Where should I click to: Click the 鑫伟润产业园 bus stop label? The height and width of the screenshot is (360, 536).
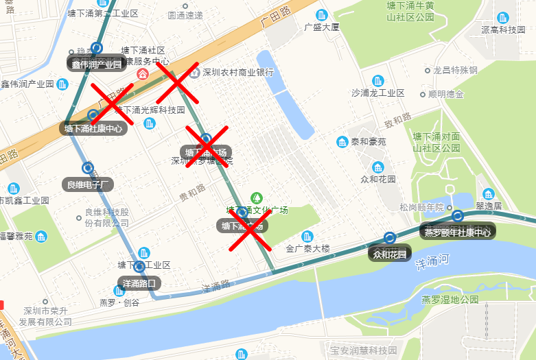[x=96, y=64]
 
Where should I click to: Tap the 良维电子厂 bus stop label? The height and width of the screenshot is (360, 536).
[x=88, y=184]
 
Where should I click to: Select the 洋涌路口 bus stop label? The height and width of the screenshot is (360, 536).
[x=139, y=283]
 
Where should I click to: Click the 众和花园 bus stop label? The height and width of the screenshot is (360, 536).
[x=390, y=254]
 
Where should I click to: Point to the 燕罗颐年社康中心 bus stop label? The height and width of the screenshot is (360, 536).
[x=457, y=232]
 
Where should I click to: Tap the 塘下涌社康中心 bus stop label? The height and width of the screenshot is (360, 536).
[x=93, y=128]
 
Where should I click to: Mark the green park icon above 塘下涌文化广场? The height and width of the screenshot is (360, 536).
[x=257, y=197]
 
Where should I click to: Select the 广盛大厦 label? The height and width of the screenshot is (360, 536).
[x=322, y=27]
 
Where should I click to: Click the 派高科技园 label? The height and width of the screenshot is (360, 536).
[x=503, y=29]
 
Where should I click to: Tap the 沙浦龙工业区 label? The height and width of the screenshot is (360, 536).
[x=377, y=93]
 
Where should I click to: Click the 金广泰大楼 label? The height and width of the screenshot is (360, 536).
[x=308, y=248]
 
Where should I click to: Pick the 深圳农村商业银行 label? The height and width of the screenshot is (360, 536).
[x=237, y=72]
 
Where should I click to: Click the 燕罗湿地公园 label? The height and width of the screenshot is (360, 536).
[x=450, y=300]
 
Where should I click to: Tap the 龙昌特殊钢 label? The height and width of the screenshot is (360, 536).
[x=454, y=70]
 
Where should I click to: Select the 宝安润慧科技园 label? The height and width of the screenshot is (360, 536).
[x=363, y=350]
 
